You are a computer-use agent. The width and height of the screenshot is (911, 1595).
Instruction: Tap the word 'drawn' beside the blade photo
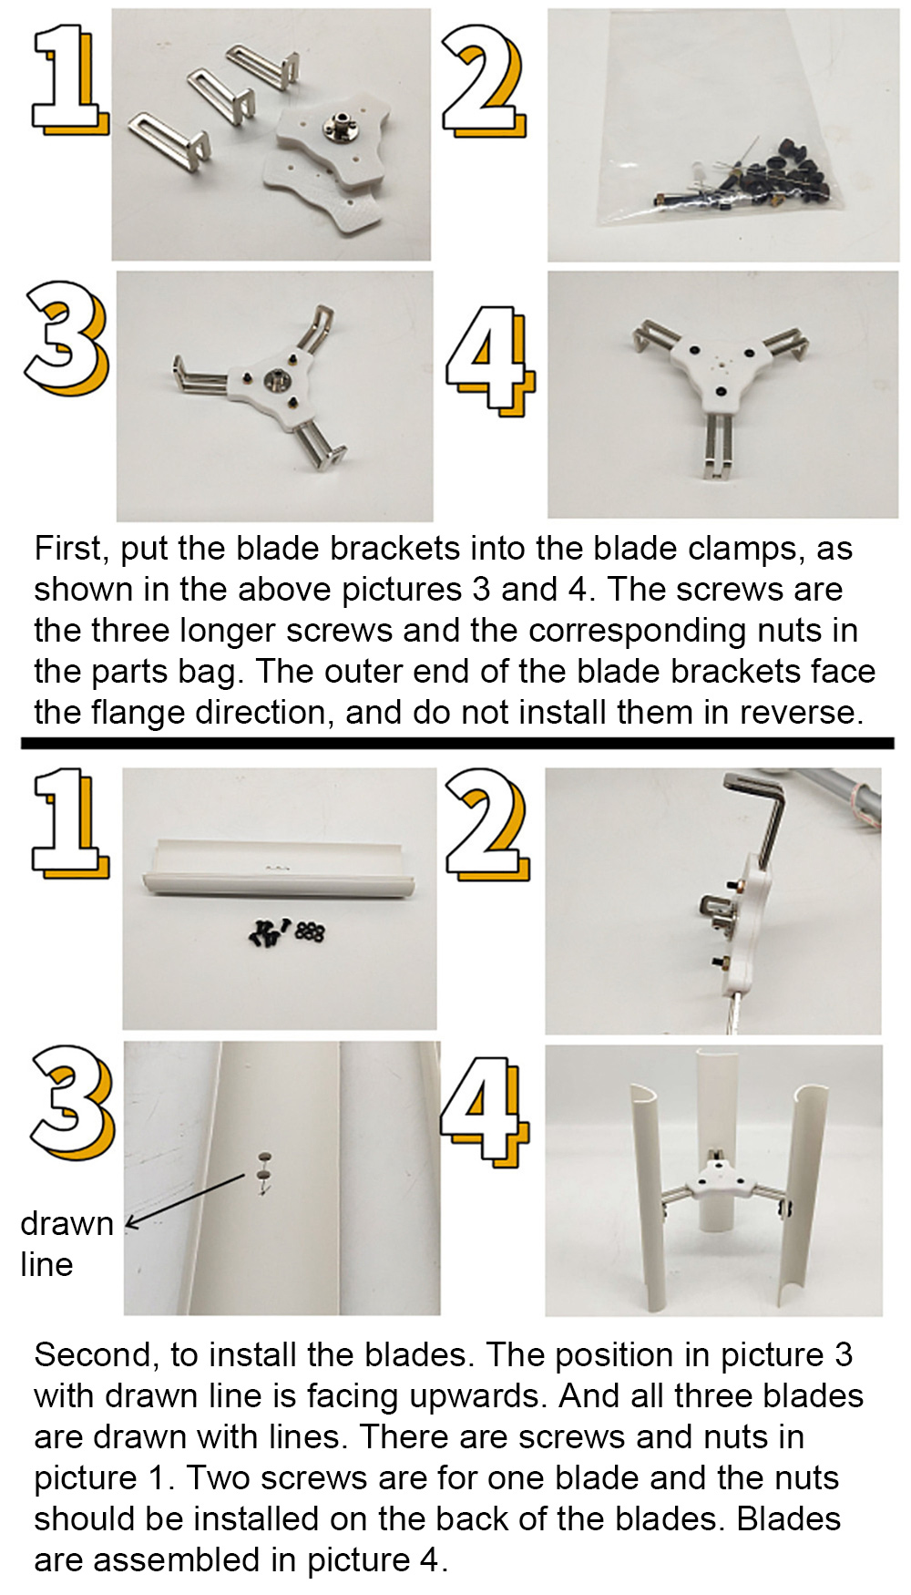pyautogui.click(x=67, y=1223)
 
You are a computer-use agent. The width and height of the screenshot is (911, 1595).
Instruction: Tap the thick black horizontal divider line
pyautogui.click(x=457, y=744)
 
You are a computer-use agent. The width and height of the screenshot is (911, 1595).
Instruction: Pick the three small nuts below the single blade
pyautogui.click(x=311, y=931)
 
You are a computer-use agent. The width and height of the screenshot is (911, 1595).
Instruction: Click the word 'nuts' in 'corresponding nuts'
pyautogui.click(x=793, y=631)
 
